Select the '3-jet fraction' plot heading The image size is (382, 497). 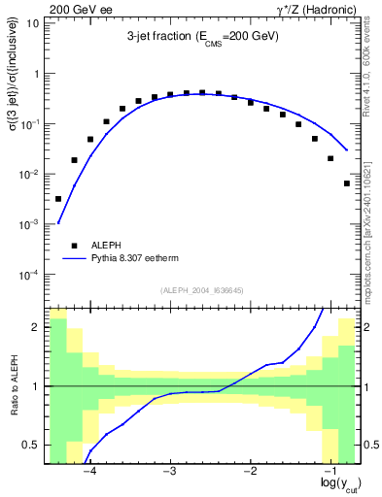202,36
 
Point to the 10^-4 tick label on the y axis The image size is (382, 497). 28,275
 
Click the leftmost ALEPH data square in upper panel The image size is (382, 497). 58,199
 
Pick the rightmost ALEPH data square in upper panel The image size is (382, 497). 347,183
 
